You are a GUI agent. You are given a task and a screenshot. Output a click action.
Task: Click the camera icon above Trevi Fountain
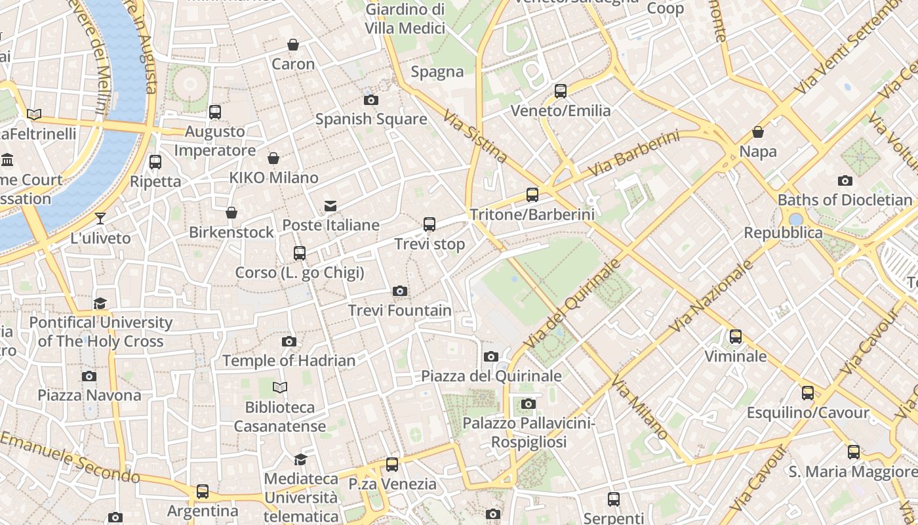click(399, 291)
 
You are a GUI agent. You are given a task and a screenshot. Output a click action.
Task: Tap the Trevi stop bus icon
click(429, 224)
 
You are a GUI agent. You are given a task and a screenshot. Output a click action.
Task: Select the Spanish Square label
click(371, 119)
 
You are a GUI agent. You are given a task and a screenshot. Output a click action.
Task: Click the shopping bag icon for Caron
click(293, 45)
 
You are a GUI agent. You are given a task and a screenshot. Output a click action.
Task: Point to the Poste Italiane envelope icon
click(330, 206)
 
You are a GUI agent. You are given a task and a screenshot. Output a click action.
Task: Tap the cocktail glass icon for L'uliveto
click(100, 218)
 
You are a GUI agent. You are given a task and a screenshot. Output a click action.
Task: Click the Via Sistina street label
click(475, 136)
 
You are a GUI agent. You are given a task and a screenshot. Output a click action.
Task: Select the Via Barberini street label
click(633, 154)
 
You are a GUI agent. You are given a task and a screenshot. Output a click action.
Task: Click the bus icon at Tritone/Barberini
click(532, 195)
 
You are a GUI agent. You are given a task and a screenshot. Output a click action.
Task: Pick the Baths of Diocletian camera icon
click(845, 180)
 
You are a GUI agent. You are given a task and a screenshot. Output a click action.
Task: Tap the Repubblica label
click(782, 233)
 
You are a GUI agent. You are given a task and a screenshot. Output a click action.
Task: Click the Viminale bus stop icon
click(736, 337)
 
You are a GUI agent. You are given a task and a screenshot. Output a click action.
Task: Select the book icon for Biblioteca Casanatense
click(280, 388)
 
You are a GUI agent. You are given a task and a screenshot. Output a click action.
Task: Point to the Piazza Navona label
click(89, 395)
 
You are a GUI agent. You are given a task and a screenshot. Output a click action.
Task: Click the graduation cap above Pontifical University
click(100, 303)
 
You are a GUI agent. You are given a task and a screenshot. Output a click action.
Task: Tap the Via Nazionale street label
click(712, 296)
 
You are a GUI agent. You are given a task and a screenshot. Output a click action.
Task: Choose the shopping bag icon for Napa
click(758, 132)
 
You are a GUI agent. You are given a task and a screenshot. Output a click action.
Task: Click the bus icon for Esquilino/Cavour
click(808, 393)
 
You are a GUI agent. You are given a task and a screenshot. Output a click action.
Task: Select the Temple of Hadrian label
click(289, 361)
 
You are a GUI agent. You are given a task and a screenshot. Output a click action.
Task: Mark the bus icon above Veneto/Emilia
click(561, 91)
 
